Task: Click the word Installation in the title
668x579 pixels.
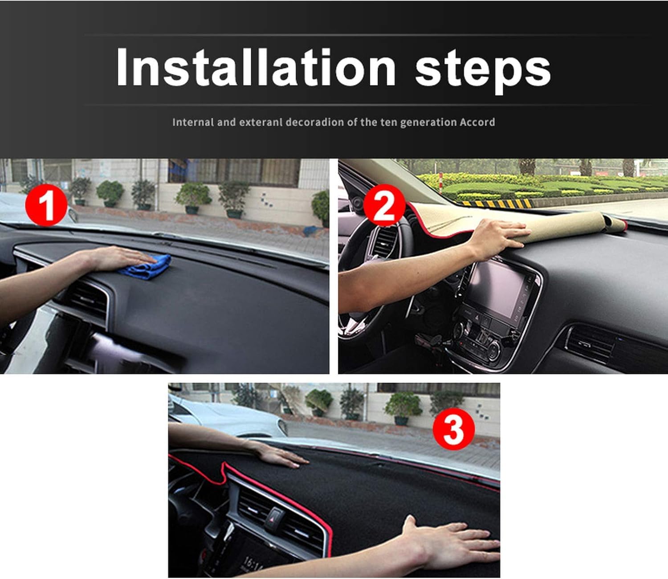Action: [x=256, y=67]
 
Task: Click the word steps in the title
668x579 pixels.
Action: [x=483, y=71]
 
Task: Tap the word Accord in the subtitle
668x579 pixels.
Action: [x=477, y=122]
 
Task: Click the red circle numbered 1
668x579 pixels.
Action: [x=46, y=205]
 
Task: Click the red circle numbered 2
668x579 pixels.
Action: [x=384, y=205]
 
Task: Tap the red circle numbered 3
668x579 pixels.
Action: [x=453, y=429]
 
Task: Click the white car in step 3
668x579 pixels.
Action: [x=226, y=417]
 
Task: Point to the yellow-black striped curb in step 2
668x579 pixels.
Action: [x=496, y=204]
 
